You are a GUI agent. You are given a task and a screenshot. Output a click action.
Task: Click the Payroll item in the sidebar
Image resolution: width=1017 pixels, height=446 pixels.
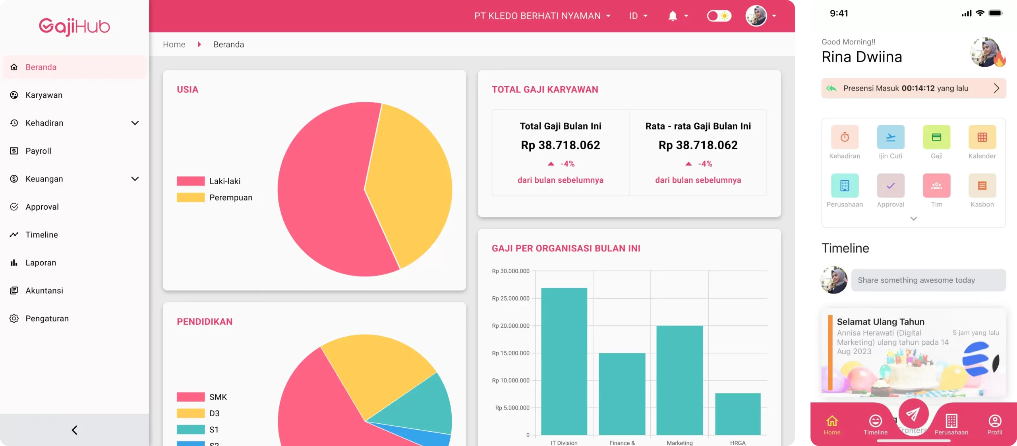[38, 151]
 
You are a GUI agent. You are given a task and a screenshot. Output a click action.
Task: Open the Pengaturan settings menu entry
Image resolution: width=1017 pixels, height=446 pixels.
[47, 319]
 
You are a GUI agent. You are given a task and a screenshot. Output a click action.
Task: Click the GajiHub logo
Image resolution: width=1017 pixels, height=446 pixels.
[74, 27]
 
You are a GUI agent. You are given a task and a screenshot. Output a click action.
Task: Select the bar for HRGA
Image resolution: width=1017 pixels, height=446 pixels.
[738, 414]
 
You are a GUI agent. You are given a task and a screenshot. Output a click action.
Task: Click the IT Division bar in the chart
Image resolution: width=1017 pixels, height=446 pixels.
[564, 361]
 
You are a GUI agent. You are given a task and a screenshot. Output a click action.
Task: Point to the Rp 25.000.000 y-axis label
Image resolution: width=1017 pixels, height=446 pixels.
[510, 298]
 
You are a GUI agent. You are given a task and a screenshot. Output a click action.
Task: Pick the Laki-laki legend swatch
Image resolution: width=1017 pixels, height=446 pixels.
[191, 181]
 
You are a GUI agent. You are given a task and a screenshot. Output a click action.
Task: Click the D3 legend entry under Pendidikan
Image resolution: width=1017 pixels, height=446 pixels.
[214, 413]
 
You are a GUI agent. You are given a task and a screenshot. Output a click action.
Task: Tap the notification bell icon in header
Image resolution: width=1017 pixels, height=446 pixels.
[672, 16]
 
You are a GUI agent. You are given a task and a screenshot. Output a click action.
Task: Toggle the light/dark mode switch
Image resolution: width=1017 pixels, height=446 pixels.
[719, 16]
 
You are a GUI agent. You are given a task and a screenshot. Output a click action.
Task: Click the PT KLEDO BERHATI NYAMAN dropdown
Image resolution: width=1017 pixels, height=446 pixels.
[542, 16]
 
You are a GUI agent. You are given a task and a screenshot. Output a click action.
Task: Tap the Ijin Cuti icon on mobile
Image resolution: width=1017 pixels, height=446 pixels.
[890, 137]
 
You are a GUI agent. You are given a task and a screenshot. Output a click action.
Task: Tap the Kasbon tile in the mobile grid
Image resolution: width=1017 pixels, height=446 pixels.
[982, 186]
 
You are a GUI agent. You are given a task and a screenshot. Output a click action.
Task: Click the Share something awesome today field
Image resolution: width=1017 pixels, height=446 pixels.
[928, 280]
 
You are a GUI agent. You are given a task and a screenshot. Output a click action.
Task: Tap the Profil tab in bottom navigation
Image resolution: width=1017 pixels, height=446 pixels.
[994, 424]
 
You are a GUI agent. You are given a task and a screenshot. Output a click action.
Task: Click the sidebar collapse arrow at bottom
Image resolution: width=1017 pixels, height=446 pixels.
[74, 430]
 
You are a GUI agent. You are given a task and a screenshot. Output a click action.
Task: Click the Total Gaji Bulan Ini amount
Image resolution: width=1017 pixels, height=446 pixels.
[560, 145]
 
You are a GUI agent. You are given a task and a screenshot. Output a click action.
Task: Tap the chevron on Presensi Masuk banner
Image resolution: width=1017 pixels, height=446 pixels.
[996, 88]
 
